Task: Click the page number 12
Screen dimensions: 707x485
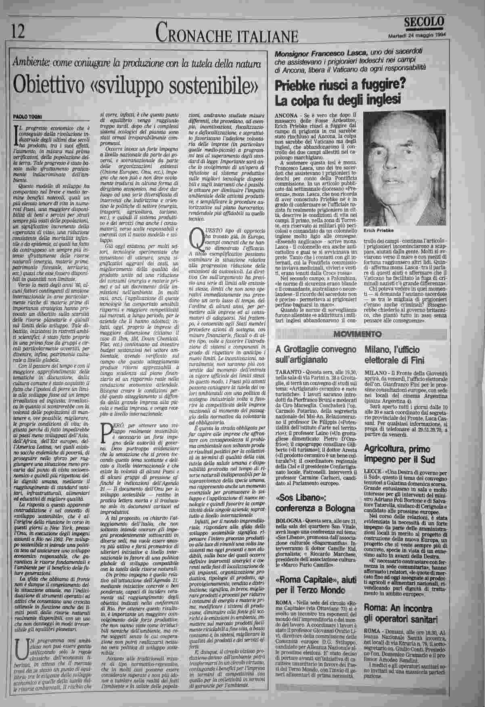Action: pyautogui.click(x=18, y=31)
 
